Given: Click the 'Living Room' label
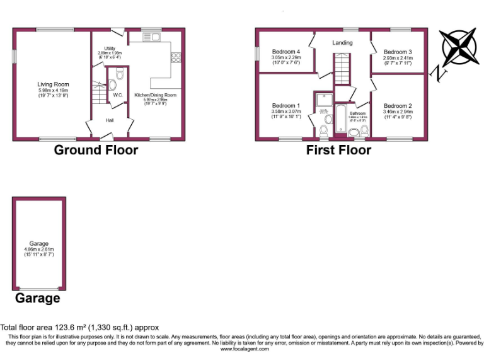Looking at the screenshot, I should click(x=53, y=84).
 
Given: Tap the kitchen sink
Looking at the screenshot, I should click(x=153, y=38).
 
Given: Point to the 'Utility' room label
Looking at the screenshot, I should click(x=110, y=48).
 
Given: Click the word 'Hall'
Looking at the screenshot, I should click(x=110, y=120).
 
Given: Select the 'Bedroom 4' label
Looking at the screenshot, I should click(x=285, y=52).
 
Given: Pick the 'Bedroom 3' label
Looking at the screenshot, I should click(x=398, y=52).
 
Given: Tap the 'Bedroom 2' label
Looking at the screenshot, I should click(x=398, y=105).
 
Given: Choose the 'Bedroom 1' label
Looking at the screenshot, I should click(x=285, y=105).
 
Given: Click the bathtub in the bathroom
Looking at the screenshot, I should click(x=340, y=120).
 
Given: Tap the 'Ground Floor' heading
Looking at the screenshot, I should click(x=96, y=150).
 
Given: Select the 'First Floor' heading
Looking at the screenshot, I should click(x=338, y=150).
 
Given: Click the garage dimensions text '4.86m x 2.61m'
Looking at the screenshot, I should click(x=38, y=249).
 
